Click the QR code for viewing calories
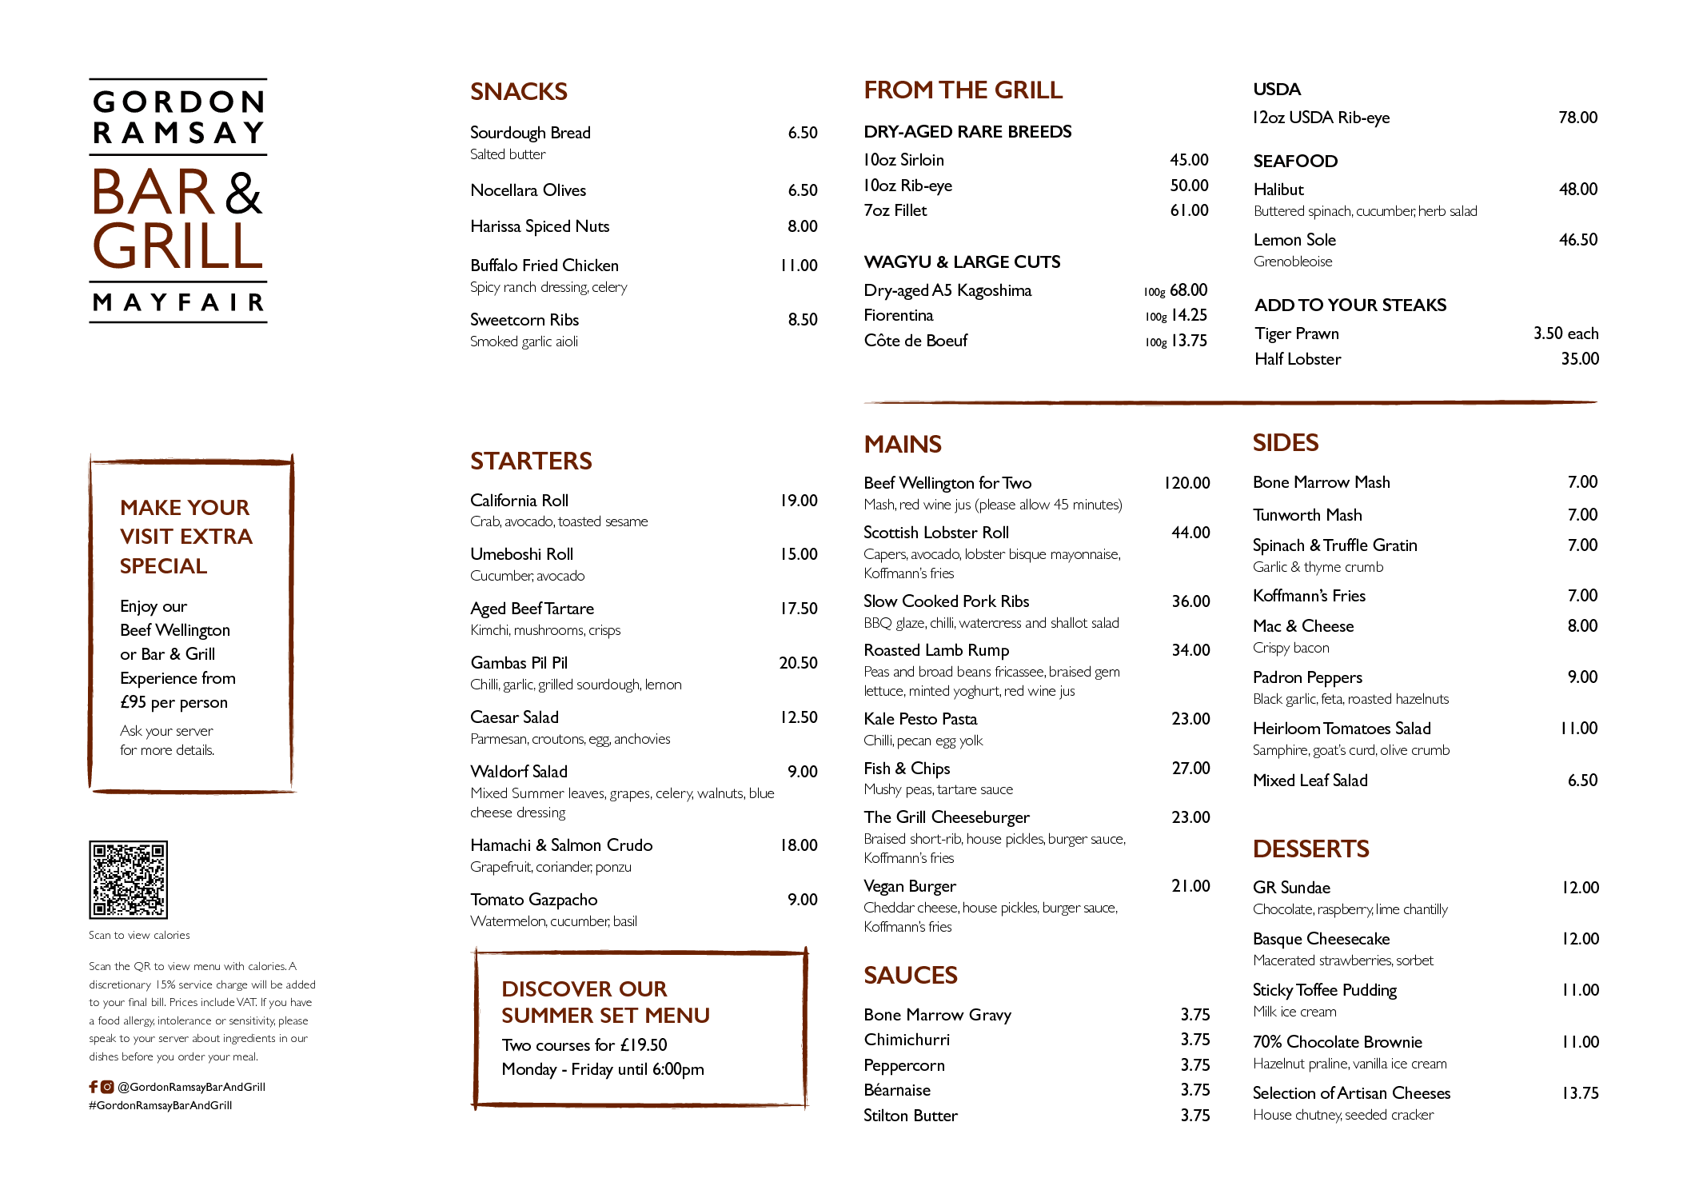(x=128, y=879)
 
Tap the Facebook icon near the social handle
(x=94, y=1086)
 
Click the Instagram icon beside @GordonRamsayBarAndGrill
(x=107, y=1086)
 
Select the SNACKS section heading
(x=519, y=92)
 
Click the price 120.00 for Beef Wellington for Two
(x=1187, y=483)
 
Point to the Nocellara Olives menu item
(x=528, y=190)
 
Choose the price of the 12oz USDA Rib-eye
(x=1578, y=118)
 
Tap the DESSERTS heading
(x=1311, y=849)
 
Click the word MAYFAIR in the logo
(x=178, y=302)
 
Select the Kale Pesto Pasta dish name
(x=920, y=719)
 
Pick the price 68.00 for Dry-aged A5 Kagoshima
(x=1189, y=290)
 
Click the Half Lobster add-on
(x=1298, y=359)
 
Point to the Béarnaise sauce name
(x=897, y=1090)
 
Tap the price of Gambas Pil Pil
(x=799, y=663)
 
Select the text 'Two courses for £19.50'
(x=584, y=1045)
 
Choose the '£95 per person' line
(x=174, y=702)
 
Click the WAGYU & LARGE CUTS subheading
(x=962, y=262)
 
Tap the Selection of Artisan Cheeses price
(x=1581, y=1093)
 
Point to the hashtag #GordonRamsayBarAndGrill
(x=161, y=1105)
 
